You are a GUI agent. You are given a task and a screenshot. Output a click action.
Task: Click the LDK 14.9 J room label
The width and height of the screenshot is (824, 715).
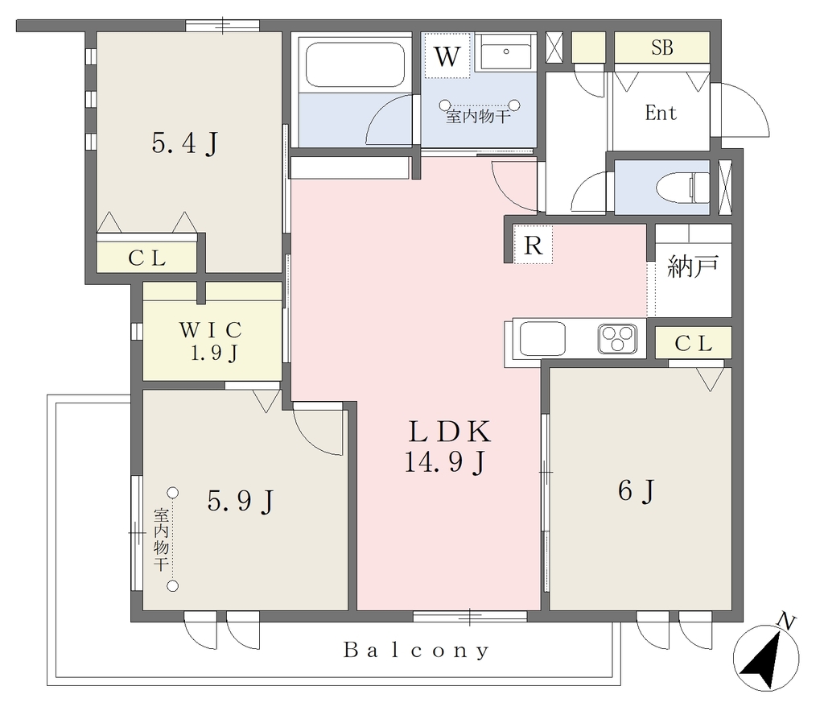447,447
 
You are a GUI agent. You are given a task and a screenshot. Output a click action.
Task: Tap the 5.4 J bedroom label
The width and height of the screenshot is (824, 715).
184,143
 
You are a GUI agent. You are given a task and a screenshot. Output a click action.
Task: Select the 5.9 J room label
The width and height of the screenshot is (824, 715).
240,501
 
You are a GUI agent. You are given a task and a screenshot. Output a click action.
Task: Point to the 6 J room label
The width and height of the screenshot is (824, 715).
637,491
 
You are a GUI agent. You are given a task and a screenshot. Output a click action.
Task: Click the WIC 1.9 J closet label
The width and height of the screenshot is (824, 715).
212,341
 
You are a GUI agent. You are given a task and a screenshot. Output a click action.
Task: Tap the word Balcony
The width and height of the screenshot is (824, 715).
416,651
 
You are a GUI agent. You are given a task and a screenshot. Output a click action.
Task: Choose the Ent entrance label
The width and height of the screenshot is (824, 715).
661,113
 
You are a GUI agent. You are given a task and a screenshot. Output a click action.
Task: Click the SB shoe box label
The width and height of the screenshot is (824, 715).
661,48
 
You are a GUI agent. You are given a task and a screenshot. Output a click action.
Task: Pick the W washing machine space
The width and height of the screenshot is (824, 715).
447,56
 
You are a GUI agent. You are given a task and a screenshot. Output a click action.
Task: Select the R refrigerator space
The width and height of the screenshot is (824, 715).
533,245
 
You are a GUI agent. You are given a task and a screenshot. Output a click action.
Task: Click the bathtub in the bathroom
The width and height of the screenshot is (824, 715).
355,64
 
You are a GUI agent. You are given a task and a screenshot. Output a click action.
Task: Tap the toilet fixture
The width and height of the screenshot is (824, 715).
682,187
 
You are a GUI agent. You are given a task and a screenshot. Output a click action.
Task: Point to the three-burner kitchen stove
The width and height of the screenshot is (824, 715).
617,338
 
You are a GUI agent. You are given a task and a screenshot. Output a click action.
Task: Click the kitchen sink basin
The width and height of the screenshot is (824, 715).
542,338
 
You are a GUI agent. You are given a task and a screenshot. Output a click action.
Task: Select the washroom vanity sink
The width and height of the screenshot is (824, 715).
505,52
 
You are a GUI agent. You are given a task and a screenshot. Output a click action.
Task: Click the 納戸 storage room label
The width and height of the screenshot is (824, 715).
692,267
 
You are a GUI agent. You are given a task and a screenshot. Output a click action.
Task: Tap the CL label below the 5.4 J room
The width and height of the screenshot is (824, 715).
146,258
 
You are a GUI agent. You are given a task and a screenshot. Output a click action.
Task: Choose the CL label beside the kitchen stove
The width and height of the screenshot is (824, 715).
693,344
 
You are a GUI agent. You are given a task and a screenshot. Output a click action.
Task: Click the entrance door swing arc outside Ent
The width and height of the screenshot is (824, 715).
758,102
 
